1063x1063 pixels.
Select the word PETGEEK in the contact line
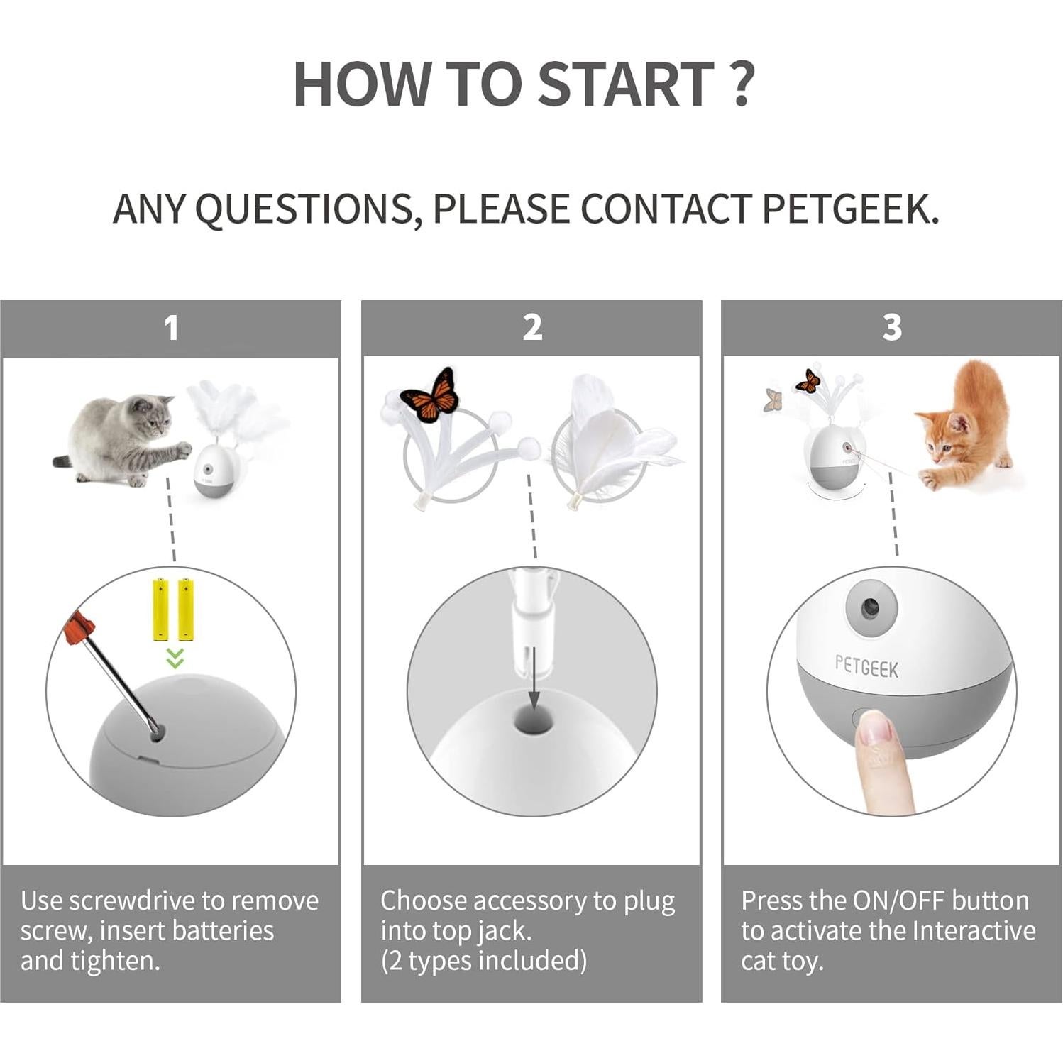(x=850, y=209)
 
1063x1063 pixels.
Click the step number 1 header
(x=171, y=328)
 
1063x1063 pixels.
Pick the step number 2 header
(x=532, y=328)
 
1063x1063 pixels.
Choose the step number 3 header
(x=892, y=328)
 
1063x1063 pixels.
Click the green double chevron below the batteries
(x=175, y=658)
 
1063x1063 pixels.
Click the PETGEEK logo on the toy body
(x=866, y=667)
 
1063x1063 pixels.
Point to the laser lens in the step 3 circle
(x=869, y=607)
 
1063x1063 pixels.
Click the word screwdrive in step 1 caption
(x=133, y=900)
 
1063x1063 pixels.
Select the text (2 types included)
(x=484, y=961)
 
